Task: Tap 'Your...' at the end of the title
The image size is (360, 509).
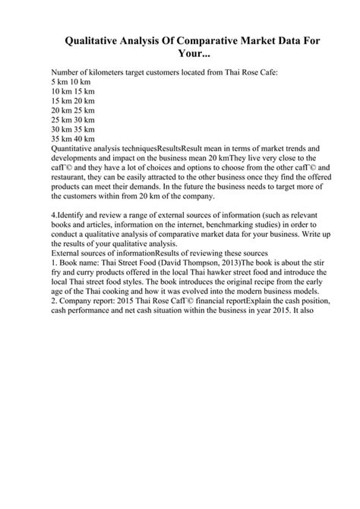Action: pyautogui.click(x=180, y=55)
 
